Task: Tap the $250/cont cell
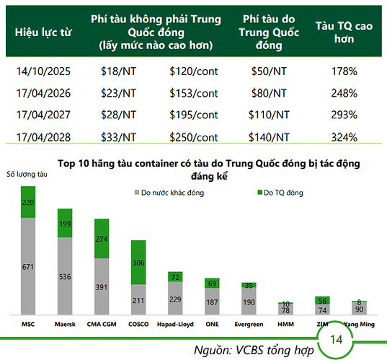point(193,137)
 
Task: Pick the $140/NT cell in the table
point(268,137)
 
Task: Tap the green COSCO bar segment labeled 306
point(138,263)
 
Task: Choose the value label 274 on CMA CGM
point(102,239)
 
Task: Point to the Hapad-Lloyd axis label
point(175,324)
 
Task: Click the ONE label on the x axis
point(212,324)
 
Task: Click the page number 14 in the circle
point(336,340)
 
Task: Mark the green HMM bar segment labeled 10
point(285,304)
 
